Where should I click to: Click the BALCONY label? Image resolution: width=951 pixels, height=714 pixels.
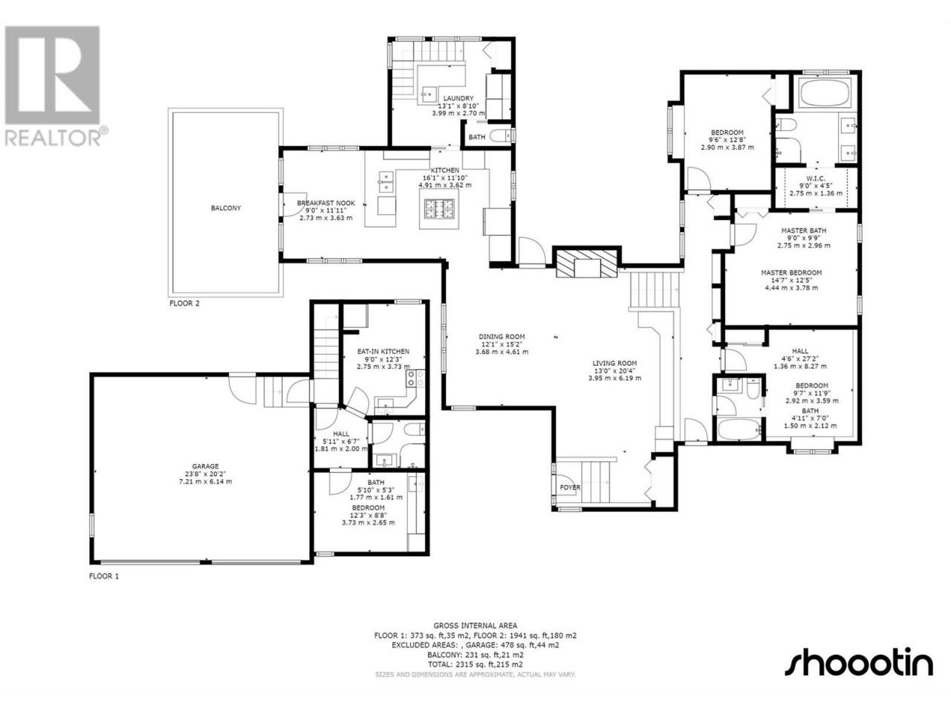click(226, 208)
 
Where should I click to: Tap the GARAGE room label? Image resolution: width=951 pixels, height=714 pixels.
click(205, 466)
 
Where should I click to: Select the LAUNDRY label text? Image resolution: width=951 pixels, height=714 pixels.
click(458, 98)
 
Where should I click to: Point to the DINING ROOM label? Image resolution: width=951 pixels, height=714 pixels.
click(502, 336)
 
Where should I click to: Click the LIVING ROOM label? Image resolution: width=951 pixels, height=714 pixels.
click(614, 363)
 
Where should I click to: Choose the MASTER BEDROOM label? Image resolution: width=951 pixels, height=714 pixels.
click(791, 273)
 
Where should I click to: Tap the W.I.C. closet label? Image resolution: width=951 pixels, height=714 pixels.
click(816, 178)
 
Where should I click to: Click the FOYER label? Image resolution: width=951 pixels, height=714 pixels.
click(570, 487)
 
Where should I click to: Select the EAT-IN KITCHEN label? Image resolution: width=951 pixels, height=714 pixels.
click(383, 352)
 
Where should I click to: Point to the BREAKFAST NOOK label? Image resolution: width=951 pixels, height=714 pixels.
click(326, 203)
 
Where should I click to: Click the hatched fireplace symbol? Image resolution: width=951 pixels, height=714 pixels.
click(587, 263)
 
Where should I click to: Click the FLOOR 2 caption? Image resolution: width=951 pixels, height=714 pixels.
click(184, 303)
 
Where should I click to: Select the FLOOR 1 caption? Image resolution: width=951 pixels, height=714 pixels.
click(103, 576)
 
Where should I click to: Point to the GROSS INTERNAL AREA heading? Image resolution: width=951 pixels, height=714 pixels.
click(475, 625)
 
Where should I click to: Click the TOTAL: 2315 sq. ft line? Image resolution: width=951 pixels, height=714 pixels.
click(475, 665)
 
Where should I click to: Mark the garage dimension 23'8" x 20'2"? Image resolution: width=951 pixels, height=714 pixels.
click(205, 474)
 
